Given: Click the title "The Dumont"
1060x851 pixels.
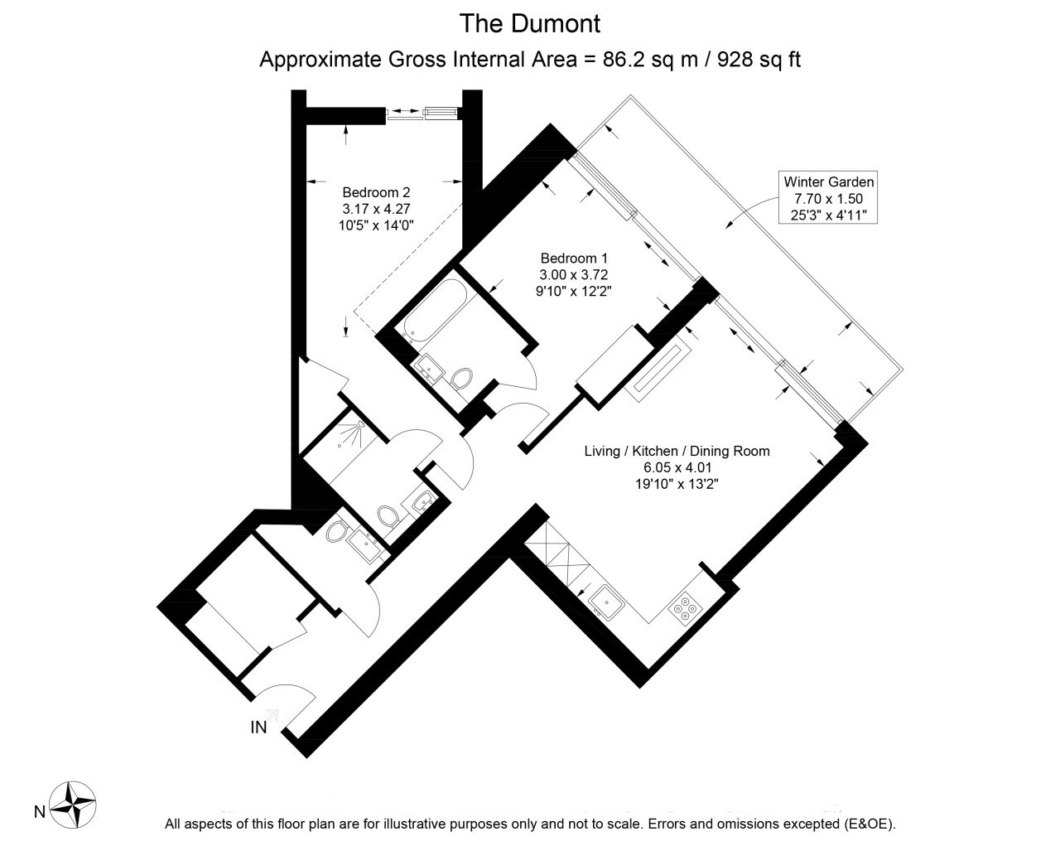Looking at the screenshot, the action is click(529, 24).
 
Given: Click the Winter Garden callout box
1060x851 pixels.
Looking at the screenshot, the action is click(828, 197).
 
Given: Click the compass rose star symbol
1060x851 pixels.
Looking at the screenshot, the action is click(73, 805).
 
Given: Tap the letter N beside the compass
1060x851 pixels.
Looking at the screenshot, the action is click(40, 811).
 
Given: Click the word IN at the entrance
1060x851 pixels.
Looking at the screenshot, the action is click(258, 727).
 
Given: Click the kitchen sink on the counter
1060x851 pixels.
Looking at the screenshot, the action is click(606, 602).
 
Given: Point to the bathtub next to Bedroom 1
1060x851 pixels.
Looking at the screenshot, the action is click(435, 310).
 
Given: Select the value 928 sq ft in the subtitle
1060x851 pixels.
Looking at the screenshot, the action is click(759, 60).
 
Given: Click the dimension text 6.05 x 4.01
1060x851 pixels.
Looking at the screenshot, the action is click(677, 467).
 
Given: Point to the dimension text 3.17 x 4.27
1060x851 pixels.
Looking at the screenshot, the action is click(376, 209).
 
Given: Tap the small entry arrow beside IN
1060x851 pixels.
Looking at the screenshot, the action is click(272, 714).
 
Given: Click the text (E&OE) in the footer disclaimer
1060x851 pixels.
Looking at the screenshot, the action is click(870, 824).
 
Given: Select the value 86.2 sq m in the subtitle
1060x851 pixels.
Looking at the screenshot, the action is click(650, 60).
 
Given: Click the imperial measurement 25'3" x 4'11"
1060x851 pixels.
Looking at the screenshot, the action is click(828, 215).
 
